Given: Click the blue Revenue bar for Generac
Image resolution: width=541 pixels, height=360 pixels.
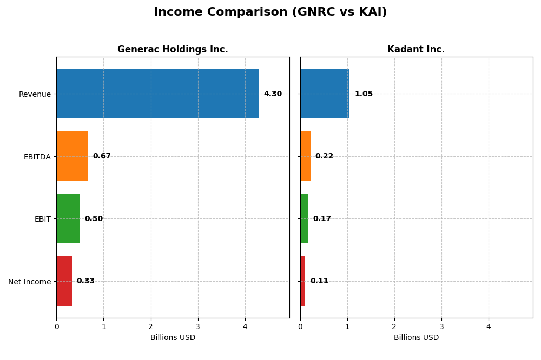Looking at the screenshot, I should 157,94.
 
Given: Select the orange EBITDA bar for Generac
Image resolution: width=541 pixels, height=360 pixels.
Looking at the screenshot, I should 72,156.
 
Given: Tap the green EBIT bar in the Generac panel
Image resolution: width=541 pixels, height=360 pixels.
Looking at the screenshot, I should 68,218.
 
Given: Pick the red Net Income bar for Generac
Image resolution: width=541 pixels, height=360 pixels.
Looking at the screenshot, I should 64,281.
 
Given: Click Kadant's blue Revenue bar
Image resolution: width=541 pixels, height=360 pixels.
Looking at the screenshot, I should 325,94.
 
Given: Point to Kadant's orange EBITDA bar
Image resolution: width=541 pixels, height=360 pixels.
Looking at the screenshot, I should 305,156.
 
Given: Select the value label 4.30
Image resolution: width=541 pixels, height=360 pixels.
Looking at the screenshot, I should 273,94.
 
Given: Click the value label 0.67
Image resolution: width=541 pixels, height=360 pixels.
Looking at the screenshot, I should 102,156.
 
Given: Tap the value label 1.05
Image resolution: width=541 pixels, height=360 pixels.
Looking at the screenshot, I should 364,94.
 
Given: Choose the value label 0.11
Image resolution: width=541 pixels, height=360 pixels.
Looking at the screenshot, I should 319,281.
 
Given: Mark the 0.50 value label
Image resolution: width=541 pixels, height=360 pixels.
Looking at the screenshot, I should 94,219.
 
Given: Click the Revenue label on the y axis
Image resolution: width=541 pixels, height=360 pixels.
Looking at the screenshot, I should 35,94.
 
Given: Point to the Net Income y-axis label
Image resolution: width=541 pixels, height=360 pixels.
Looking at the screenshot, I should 29,282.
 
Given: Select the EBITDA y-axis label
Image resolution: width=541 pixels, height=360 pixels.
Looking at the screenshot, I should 37,157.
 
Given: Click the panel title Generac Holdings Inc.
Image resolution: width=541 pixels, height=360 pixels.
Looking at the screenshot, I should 173,50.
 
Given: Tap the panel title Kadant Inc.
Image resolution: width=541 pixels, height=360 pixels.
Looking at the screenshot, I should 416,50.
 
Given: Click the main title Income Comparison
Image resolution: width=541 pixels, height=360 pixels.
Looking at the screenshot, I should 270,12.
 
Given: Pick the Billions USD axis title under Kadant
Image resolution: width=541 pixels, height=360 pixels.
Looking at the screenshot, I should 416,338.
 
